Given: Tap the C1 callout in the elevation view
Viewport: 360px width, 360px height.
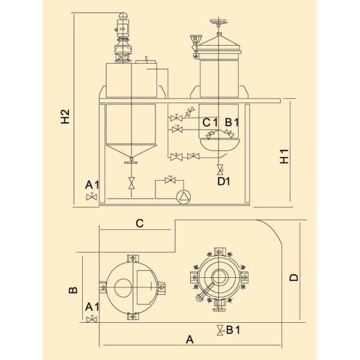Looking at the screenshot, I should pos(209,122).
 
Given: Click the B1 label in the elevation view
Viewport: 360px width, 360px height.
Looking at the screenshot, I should pos(232,122).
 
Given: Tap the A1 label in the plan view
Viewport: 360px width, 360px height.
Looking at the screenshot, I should pos(92,307).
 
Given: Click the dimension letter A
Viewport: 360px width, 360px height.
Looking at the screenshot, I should pos(190,340).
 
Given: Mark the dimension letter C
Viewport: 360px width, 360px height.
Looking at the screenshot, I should pos(139,224).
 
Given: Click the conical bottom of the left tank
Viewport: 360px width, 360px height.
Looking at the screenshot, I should pos(131,150).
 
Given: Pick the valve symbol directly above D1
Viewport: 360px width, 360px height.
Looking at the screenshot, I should pos(220,169).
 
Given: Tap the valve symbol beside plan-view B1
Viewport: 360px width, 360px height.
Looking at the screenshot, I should pos(221,329).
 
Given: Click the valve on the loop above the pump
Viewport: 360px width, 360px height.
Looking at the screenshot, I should pos(172,179).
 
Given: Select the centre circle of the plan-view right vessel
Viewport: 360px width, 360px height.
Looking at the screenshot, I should pos(218,277).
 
